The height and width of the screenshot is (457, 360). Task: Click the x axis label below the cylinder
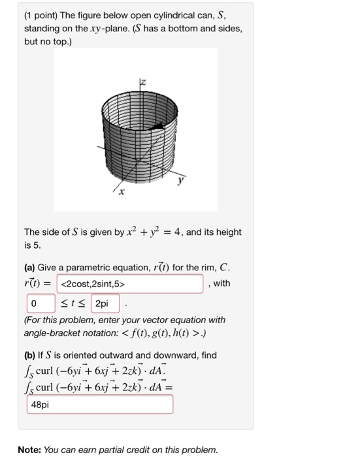120,194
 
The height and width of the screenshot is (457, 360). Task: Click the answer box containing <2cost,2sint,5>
130,284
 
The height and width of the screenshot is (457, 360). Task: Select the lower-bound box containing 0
36,304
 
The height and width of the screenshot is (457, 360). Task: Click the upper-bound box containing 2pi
105,304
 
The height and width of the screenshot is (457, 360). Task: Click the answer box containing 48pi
100,404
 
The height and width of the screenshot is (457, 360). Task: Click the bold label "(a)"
30,268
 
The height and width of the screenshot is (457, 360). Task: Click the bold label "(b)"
31,355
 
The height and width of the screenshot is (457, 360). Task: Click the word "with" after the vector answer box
222,283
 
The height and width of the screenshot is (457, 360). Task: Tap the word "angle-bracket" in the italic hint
55,332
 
